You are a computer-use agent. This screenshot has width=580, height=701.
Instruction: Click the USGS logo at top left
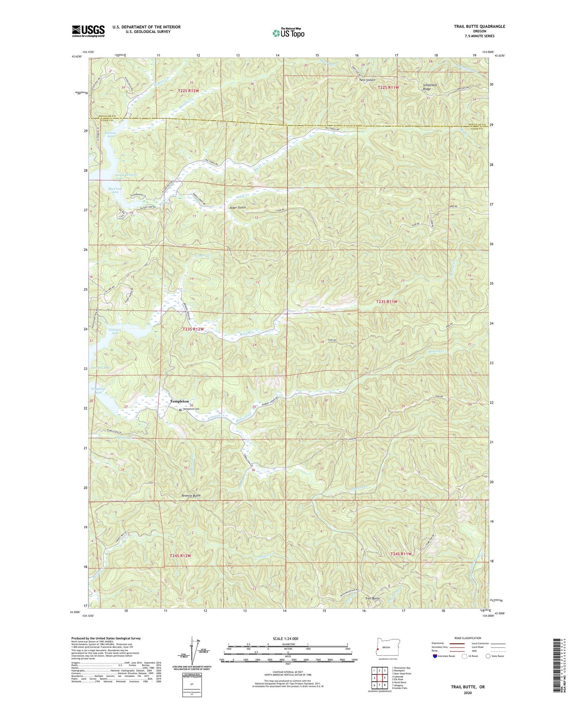(x=88, y=31)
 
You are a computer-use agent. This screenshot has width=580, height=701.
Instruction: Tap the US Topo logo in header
(x=288, y=33)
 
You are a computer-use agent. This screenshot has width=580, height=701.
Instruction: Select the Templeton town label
(x=179, y=401)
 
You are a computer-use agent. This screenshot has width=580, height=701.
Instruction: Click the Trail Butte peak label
(x=372, y=599)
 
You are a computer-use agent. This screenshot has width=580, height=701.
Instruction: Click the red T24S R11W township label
(x=401, y=554)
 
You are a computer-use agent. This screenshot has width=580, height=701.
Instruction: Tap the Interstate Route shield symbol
(x=436, y=656)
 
